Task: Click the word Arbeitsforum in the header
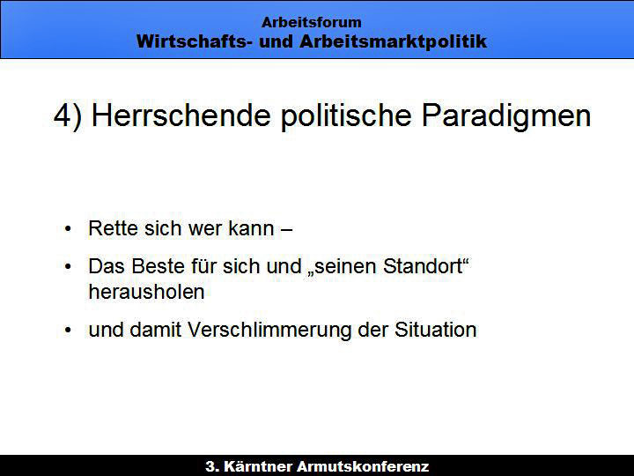(312, 22)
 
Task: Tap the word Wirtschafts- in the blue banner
(192, 41)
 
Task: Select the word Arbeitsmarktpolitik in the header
(393, 41)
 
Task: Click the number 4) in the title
(68, 116)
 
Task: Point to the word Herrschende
(181, 115)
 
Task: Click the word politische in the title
(346, 116)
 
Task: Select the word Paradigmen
(506, 116)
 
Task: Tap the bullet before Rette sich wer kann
(68, 228)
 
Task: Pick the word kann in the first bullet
(252, 228)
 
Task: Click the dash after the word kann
(286, 230)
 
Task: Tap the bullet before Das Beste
(68, 267)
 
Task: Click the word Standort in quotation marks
(423, 266)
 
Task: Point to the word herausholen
(146, 292)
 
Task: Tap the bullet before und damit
(68, 331)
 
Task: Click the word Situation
(436, 330)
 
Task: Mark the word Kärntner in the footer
(258, 466)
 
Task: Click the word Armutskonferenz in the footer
(363, 466)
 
